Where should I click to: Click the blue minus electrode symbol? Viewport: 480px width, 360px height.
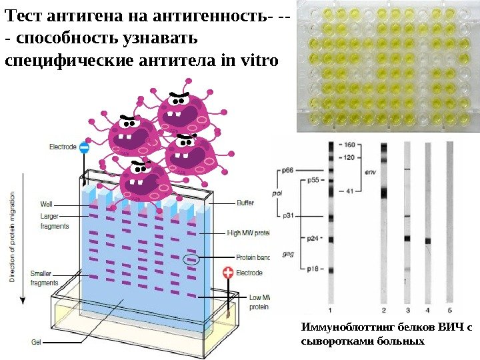pos(84,147)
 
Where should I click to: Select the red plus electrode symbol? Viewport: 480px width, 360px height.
pos(229,273)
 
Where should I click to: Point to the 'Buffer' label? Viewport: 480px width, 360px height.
pos(245,203)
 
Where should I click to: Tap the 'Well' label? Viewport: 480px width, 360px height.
pos(46,204)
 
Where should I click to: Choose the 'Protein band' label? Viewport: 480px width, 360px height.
pos(252,257)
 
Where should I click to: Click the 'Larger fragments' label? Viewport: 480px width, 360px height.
pos(54,221)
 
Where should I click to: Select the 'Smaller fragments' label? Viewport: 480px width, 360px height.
pos(45,278)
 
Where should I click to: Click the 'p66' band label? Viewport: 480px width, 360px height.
pos(287,170)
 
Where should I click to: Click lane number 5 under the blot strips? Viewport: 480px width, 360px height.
pos(449,310)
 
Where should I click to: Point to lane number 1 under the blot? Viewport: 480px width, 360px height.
pos(331,310)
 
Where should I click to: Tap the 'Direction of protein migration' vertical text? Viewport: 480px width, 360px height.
pos(13,237)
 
